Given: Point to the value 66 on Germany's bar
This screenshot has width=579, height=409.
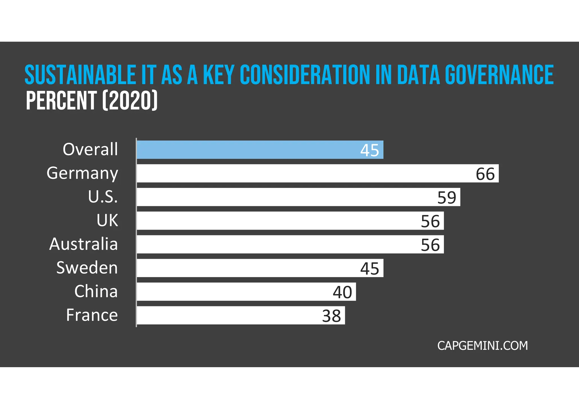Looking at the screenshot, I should pos(485,174).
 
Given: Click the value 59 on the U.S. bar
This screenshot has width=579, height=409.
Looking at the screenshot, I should pos(447,198).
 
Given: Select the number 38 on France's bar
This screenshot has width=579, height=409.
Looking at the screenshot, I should pos(331,316).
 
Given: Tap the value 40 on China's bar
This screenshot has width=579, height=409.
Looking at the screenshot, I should pos(342,292).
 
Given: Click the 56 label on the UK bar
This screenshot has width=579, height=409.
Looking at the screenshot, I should pos(430,221).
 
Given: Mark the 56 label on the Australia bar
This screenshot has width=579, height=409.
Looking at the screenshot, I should pos(430,245).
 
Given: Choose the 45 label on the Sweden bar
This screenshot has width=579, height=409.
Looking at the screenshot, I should pos(370,269).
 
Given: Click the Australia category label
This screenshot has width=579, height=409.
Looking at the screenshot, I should pos(83,244).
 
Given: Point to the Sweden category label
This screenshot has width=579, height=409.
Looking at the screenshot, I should pos(87,268).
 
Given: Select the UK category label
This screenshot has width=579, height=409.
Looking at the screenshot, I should pos(107,220).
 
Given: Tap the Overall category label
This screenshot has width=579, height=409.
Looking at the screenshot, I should pos(90,149).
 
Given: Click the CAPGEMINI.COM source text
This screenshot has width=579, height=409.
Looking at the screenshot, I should pos(482,346).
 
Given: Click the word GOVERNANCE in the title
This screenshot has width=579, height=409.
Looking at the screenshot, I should pos(499,75).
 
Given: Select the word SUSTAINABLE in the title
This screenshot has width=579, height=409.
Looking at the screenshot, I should pos(80,75).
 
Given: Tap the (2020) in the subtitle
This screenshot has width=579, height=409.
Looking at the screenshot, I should pos(129,101).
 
